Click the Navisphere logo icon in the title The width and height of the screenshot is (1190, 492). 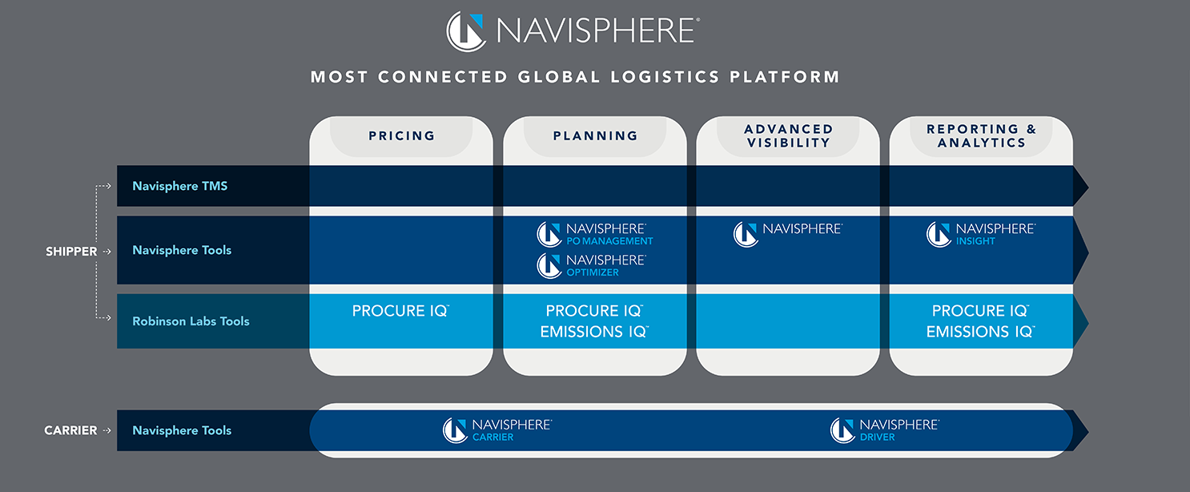tap(466, 31)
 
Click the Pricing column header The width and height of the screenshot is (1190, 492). tap(401, 136)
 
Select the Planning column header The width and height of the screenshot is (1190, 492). tap(595, 136)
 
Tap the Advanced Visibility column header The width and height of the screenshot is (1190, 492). tap(788, 135)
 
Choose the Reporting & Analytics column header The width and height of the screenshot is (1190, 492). tap(981, 135)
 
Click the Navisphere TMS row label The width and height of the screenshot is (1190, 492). tap(180, 186)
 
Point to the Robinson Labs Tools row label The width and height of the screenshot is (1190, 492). tap(191, 321)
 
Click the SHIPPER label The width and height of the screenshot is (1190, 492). tap(71, 252)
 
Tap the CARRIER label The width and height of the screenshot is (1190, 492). tap(70, 431)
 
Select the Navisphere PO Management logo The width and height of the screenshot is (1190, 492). tap(595, 234)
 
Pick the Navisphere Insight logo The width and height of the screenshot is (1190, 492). tap(981, 234)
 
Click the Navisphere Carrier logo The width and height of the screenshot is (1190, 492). tap(497, 430)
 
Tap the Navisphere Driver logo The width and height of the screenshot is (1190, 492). tap(885, 430)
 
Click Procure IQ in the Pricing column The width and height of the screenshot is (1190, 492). tap(400, 311)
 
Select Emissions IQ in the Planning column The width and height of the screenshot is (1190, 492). tap(593, 332)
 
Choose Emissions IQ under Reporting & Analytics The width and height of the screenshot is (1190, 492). tap(980, 332)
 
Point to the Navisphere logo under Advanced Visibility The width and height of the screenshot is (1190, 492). tap(788, 233)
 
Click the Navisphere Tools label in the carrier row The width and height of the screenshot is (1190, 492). tap(182, 431)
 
